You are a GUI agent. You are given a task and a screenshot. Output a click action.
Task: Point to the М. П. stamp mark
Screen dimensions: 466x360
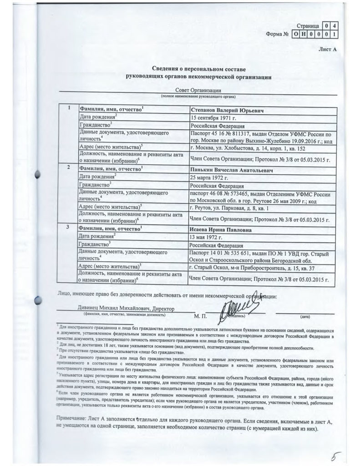pos(200,315)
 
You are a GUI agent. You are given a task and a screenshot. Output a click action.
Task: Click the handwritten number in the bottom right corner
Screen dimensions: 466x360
pos(336,455)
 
